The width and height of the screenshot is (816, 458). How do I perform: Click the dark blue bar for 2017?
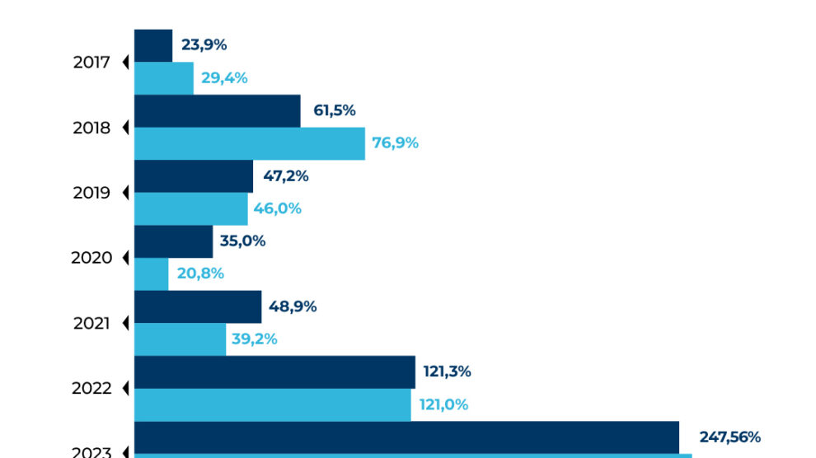coord(153,46)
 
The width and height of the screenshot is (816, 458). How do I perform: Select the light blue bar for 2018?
coord(249,143)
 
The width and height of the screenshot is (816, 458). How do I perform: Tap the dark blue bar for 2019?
coord(194,176)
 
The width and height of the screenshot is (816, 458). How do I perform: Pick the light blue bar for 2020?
coord(151,273)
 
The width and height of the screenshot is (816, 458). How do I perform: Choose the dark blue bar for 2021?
coord(198,306)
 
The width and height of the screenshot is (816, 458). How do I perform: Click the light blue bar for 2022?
coord(272,404)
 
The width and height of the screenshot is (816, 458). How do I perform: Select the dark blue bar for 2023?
coord(406,437)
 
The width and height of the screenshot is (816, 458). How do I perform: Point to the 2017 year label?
coord(91,63)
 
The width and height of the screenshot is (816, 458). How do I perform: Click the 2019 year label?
coord(91,194)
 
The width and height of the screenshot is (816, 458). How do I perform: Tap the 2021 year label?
coord(91,324)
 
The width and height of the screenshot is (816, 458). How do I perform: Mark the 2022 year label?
coord(91,388)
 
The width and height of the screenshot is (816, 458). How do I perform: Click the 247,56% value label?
coord(729,437)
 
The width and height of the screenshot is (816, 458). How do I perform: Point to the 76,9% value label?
coord(396,143)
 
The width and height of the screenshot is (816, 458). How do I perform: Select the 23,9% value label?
coord(204,45)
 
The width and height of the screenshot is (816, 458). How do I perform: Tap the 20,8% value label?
coord(200,273)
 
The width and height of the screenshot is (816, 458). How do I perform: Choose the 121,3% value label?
coord(448,372)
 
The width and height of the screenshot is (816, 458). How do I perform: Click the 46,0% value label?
coord(278,208)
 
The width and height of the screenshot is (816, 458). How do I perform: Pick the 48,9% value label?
coord(293,306)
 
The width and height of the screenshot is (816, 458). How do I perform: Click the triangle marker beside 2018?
coord(126,128)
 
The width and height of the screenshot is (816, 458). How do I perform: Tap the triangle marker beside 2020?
coord(126,258)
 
